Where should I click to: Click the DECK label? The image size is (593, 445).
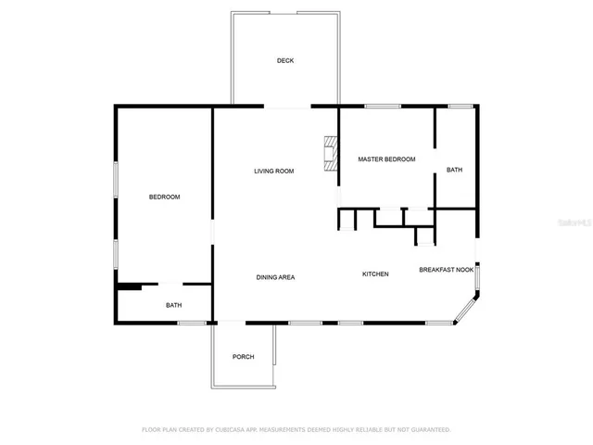tap(285, 61)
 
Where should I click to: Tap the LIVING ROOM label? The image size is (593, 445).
tap(274, 171)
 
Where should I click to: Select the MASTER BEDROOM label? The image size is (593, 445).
tap(386, 159)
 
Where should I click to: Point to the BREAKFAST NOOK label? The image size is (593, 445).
tap(446, 270)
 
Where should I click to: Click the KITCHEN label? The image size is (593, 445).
tap(375, 273)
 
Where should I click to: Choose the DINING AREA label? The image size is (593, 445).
tap(275, 277)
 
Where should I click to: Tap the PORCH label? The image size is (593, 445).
tap(243, 357)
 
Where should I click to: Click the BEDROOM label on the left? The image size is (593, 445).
tap(164, 197)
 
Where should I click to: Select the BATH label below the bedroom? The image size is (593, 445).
tap(174, 305)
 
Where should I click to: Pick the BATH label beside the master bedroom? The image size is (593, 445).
tap(454, 170)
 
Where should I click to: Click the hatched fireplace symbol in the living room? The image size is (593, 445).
tap(329, 153)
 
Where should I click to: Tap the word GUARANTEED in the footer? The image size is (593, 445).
tap(430, 429)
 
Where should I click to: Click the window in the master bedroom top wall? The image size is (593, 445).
tap(376, 107)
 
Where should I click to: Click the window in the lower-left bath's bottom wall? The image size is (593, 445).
tap(192, 323)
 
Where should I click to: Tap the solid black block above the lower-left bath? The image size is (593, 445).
tap(128, 287)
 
